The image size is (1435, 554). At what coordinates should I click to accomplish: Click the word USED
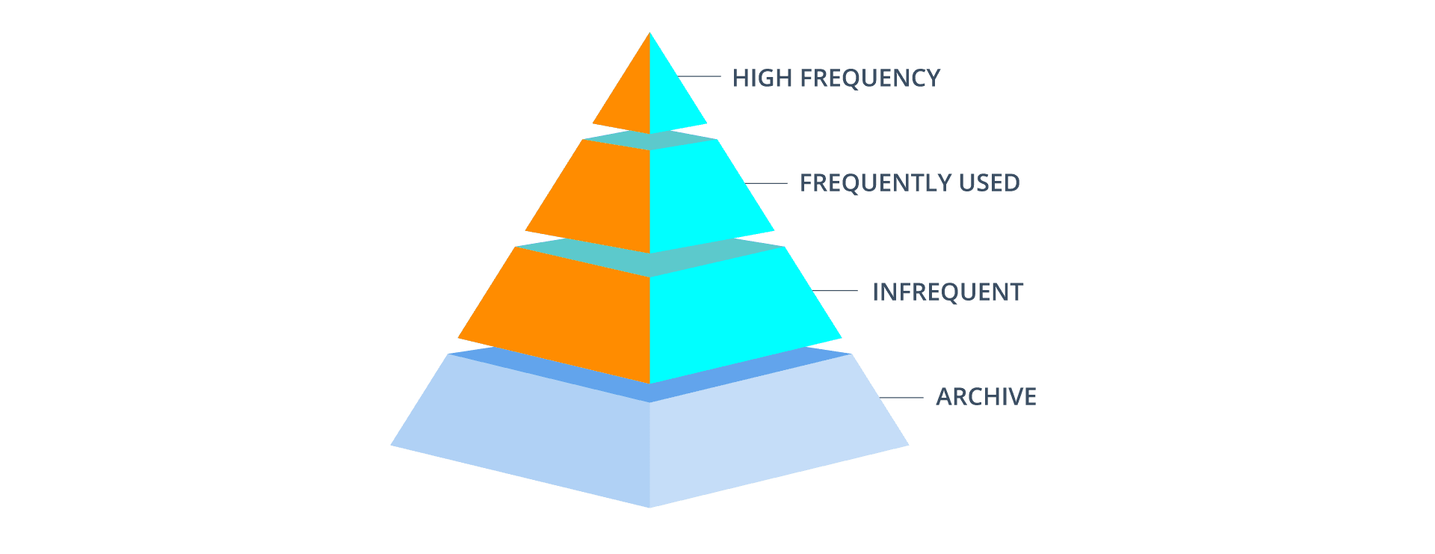coord(990,183)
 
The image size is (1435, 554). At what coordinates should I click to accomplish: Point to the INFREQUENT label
coord(948,292)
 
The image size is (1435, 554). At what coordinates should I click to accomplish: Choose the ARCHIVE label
coord(987,396)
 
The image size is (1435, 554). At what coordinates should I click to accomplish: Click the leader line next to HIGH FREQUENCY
coord(699,76)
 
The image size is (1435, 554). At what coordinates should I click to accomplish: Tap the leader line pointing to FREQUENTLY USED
coord(766,183)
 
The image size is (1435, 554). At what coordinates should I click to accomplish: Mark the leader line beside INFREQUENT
coord(835,290)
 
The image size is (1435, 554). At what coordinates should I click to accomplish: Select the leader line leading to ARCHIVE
coord(902,397)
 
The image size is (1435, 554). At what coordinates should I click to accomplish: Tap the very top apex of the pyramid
coord(649,33)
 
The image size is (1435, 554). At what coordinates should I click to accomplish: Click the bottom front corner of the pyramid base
coord(649,508)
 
